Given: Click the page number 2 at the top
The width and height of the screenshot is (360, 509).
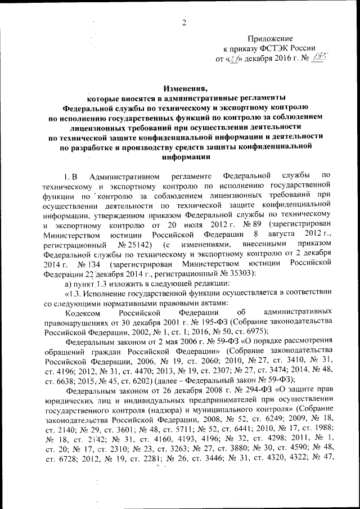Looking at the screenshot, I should pos(183,22).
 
